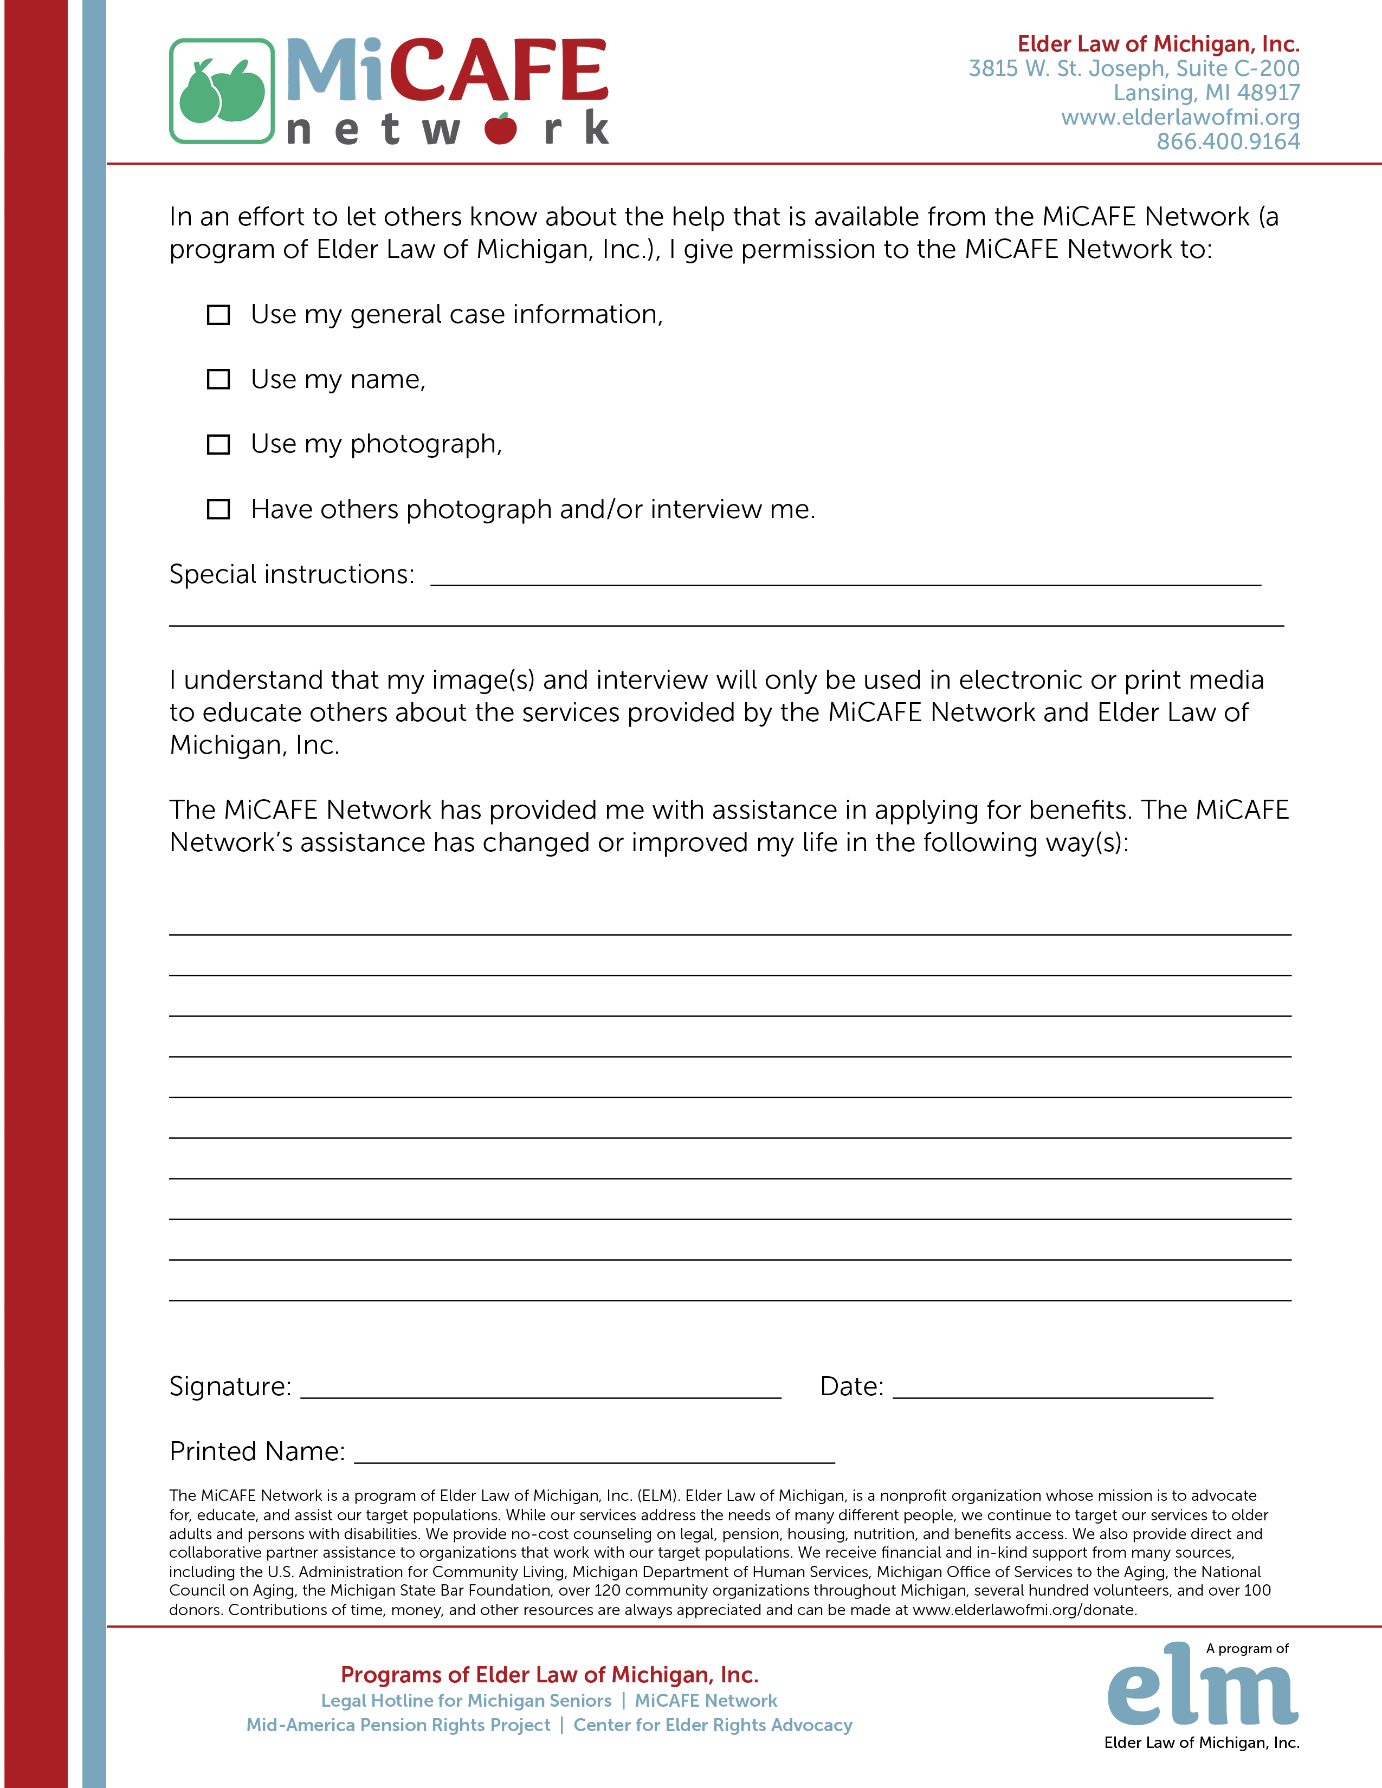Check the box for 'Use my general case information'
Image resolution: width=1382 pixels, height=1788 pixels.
pyautogui.click(x=218, y=315)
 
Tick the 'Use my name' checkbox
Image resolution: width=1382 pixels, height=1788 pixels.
pyautogui.click(x=218, y=379)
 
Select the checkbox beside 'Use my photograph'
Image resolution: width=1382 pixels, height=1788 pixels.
pyautogui.click(x=218, y=444)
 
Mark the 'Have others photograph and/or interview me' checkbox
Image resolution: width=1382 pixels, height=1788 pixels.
pyautogui.click(x=218, y=509)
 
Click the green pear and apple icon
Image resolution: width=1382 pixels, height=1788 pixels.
pyautogui.click(x=222, y=91)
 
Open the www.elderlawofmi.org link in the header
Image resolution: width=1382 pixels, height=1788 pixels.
pyautogui.click(x=1180, y=117)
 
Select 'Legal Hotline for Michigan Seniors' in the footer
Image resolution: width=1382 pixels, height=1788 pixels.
pyautogui.click(x=466, y=1700)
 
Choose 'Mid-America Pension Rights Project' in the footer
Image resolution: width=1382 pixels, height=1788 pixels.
pyautogui.click(x=398, y=1725)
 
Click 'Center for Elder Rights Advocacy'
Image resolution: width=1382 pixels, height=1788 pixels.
pyautogui.click(x=712, y=1725)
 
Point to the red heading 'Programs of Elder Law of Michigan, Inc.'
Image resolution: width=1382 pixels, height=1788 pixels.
pyautogui.click(x=550, y=1674)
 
